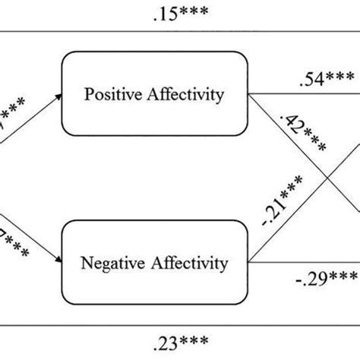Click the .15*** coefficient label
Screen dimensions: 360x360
coord(181,13)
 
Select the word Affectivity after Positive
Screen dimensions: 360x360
coord(190,95)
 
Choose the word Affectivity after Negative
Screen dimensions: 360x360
coord(190,264)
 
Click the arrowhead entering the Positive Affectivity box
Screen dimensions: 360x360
coord(58,96)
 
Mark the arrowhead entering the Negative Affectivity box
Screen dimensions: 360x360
coord(58,262)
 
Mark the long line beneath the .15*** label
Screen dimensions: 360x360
coord(181,32)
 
